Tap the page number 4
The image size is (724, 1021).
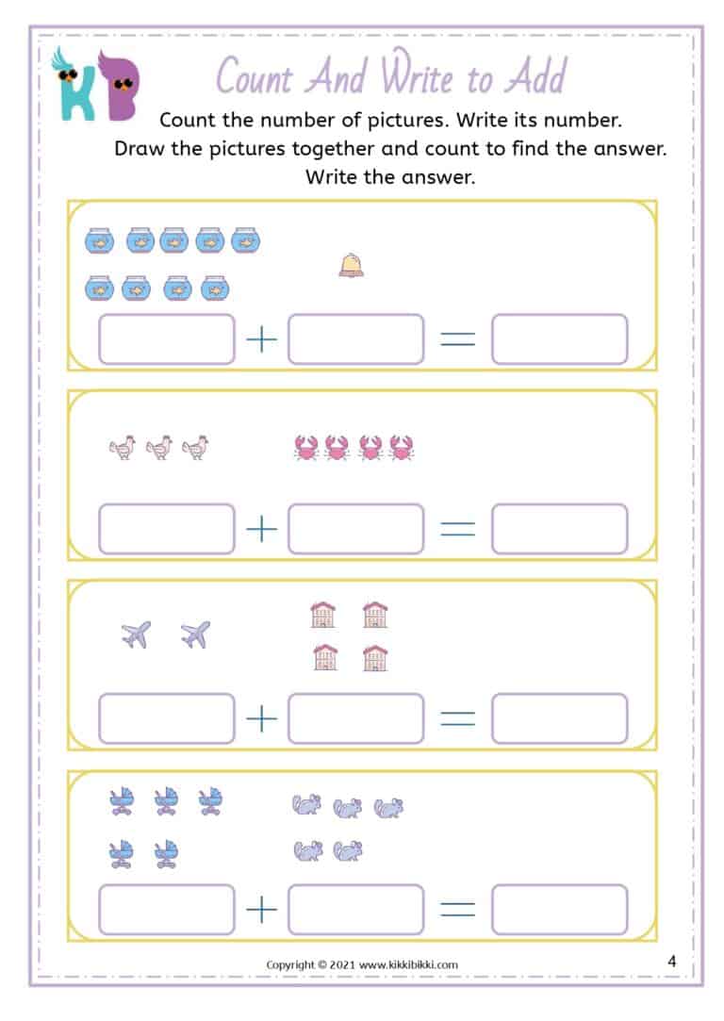[671, 962]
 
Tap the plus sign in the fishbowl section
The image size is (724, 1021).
[261, 339]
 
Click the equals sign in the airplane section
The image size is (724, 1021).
[458, 718]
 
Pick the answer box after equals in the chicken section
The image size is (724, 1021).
[559, 529]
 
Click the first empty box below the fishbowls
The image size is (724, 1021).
[166, 339]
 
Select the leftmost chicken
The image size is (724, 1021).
[123, 448]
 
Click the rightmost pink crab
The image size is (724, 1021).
[402, 448]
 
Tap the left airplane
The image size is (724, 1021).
[136, 634]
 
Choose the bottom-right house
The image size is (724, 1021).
[375, 657]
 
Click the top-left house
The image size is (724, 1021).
[323, 615]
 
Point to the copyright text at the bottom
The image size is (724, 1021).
[362, 964]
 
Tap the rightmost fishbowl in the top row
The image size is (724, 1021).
[245, 241]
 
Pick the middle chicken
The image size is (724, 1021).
[159, 448]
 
